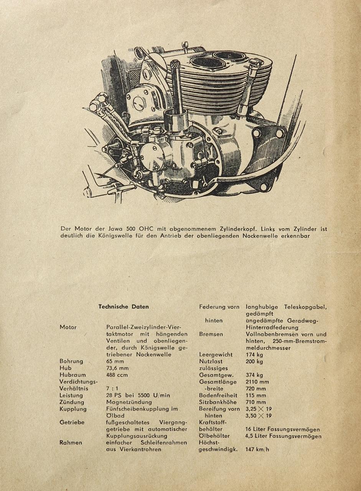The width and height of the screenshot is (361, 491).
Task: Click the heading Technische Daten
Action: click(x=124, y=307)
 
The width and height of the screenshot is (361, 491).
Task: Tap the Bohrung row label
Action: click(x=72, y=361)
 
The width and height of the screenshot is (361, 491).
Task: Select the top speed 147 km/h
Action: click(x=257, y=449)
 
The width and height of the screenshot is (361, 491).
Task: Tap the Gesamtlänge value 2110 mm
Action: click(x=257, y=382)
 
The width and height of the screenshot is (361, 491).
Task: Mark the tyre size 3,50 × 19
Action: click(x=259, y=416)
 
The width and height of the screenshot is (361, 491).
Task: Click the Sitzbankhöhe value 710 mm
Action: click(x=256, y=402)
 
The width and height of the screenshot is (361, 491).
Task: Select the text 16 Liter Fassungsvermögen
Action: click(x=283, y=430)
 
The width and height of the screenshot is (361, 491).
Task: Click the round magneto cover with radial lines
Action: click(x=152, y=156)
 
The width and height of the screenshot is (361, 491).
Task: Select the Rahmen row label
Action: click(x=71, y=443)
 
